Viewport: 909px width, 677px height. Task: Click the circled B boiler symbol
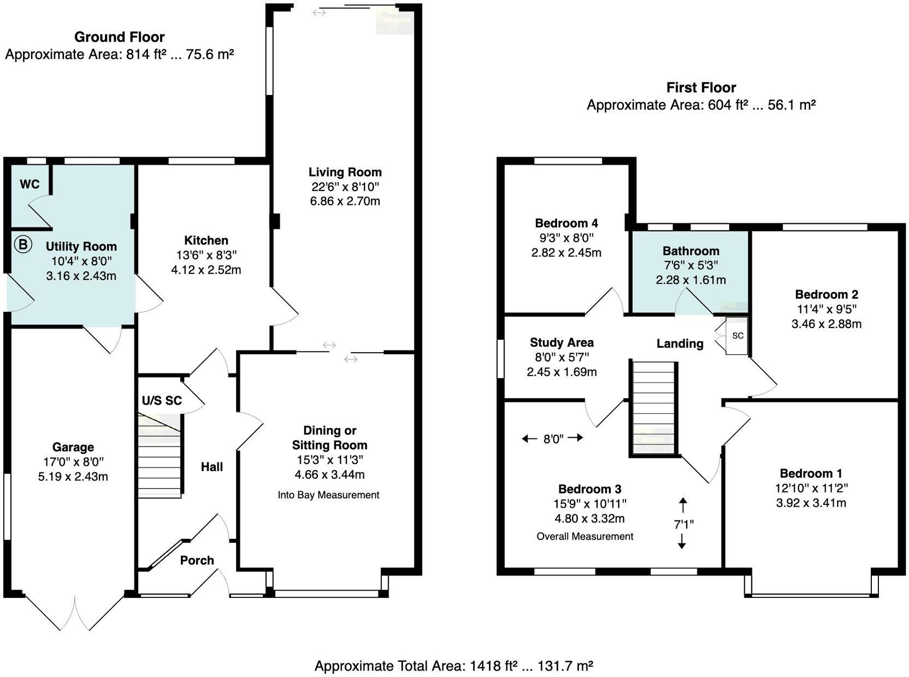tap(23, 244)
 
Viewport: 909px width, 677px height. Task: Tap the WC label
tap(29, 185)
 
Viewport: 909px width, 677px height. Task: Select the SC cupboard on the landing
tap(737, 336)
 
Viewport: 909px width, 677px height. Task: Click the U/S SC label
tap(162, 401)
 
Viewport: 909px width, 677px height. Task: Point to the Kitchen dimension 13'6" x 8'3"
tap(206, 255)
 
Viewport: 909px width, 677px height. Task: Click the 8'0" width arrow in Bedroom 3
tap(553, 438)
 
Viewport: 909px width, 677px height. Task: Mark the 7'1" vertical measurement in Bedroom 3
tap(683, 524)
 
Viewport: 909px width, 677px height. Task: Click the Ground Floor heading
tap(119, 37)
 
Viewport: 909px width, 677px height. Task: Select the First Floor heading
tap(701, 87)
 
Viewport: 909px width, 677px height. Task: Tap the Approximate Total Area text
tap(453, 666)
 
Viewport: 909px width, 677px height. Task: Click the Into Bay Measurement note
tap(328, 495)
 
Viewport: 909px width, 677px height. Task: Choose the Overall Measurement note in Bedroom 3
tap(585, 537)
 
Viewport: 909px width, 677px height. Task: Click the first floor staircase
tap(653, 407)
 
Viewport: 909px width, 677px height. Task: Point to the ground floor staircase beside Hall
tap(160, 459)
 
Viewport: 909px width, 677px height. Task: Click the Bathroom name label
tap(690, 251)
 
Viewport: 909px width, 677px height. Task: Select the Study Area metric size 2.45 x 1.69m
tap(562, 372)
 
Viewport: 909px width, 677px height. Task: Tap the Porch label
tap(197, 561)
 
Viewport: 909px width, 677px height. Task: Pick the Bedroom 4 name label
tap(566, 223)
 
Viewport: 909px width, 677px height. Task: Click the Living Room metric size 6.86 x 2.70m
tap(345, 201)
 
